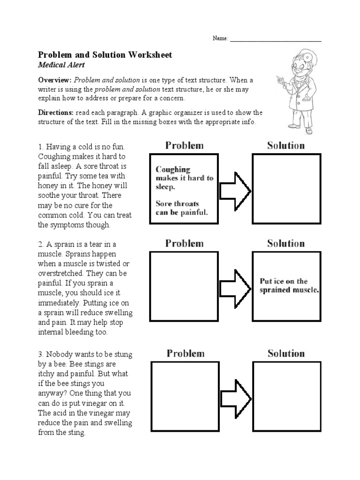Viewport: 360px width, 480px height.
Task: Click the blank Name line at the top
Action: click(x=275, y=39)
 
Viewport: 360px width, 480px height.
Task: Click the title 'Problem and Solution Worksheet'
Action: click(x=105, y=55)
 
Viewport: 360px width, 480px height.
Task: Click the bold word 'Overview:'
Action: click(x=54, y=80)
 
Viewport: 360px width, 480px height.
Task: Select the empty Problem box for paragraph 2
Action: click(x=184, y=286)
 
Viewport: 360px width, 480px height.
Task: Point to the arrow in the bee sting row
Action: click(x=236, y=396)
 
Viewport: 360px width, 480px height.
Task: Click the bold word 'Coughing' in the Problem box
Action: click(x=173, y=170)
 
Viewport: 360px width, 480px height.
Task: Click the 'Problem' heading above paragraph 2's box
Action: click(x=184, y=243)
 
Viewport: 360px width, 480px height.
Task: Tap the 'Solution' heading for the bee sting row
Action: click(x=286, y=353)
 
